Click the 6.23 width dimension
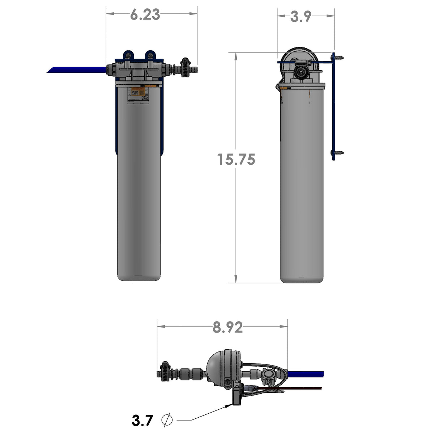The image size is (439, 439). point(145,14)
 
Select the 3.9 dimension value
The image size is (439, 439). point(301,16)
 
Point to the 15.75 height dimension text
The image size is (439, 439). point(236,159)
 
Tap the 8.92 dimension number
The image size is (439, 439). point(227,327)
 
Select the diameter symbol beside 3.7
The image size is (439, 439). point(167,420)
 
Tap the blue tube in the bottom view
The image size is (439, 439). point(306,374)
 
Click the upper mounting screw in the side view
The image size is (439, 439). point(338,57)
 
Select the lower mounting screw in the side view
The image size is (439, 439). point(338,153)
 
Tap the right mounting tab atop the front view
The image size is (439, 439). point(150,55)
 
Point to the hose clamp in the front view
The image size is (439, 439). point(186,67)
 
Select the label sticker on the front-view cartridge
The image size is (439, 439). point(138,94)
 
